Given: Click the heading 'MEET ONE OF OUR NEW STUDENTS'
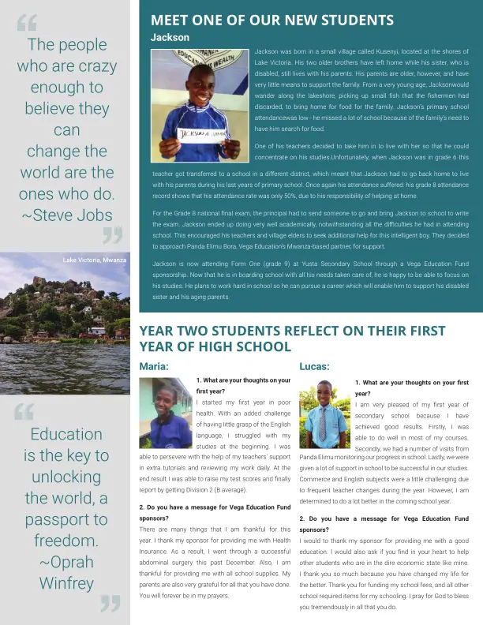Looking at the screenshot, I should click(x=271, y=20).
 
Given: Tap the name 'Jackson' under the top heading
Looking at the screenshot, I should click(x=170, y=37).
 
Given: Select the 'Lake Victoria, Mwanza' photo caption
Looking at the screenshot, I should click(x=95, y=260).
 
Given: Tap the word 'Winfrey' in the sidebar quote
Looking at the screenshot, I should click(x=66, y=583).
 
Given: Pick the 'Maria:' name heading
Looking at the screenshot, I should click(x=154, y=366).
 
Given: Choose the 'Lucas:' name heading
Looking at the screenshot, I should click(x=314, y=366).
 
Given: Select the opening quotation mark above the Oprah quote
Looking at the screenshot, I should click(x=24, y=410).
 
